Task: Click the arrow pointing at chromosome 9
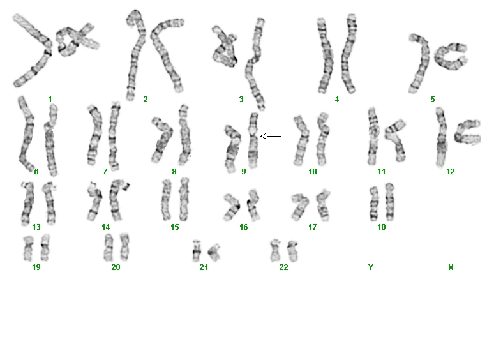(x=271, y=136)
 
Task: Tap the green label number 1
(x=50, y=100)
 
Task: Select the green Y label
(x=371, y=267)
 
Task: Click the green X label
(x=451, y=267)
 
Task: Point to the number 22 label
(x=283, y=267)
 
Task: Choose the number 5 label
(x=433, y=100)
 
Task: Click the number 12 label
(x=451, y=172)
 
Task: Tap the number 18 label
(x=382, y=227)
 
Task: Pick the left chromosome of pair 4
(x=325, y=56)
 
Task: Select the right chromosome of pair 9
(x=253, y=140)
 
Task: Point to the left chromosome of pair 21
(x=197, y=251)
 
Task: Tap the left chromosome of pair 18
(x=373, y=204)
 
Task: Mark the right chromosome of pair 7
(x=114, y=137)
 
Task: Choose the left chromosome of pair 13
(x=27, y=204)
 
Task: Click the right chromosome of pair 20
(x=124, y=247)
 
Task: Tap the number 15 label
(x=174, y=227)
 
